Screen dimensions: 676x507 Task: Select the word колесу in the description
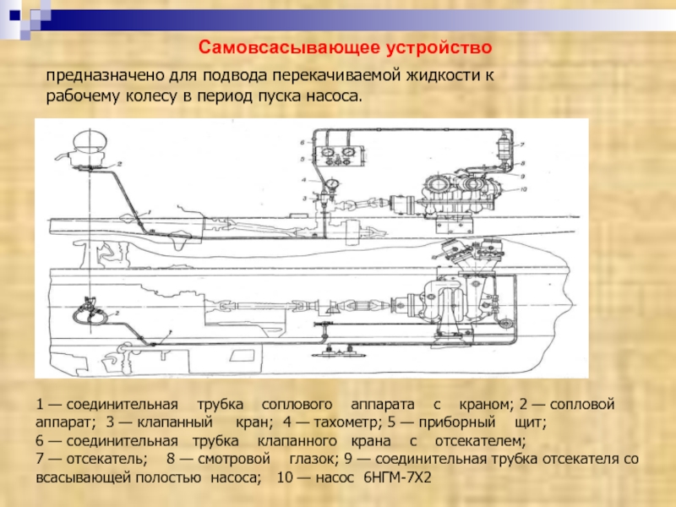click(149, 96)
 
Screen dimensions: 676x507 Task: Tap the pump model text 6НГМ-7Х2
click(396, 479)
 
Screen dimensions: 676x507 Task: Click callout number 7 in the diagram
click(523, 145)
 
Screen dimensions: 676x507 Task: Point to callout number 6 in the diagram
click(302, 144)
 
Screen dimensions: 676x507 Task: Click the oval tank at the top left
click(88, 140)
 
